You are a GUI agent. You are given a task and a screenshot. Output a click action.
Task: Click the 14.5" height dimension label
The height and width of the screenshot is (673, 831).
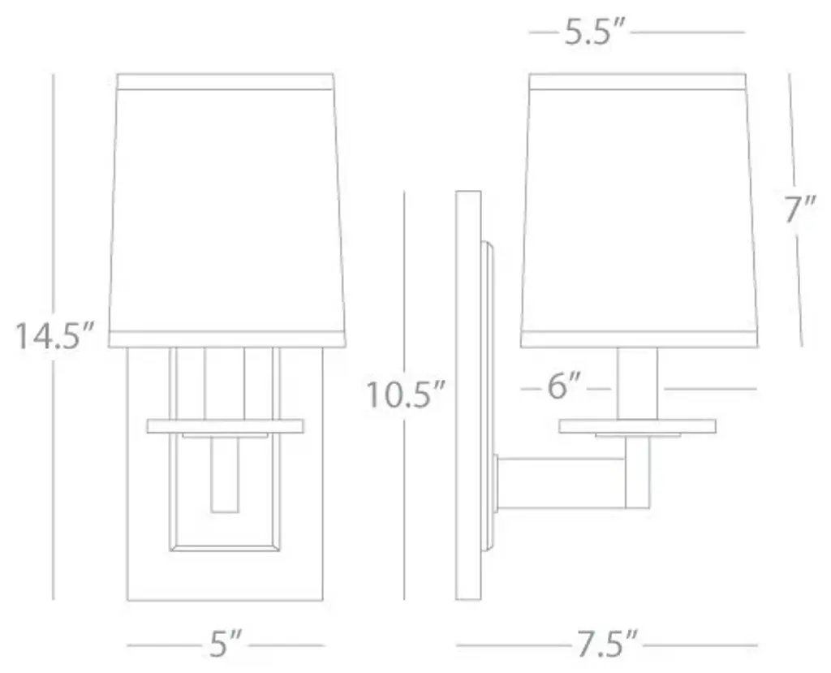[x=54, y=336]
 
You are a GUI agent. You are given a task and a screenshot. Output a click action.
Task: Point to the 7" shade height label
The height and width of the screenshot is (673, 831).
[x=799, y=209]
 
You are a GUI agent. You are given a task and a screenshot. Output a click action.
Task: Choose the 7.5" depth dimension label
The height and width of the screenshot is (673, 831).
[x=604, y=644]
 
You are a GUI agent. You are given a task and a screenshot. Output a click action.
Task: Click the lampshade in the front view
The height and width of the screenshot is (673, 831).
[x=227, y=210]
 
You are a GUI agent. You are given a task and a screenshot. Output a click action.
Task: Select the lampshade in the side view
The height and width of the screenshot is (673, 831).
[x=639, y=210]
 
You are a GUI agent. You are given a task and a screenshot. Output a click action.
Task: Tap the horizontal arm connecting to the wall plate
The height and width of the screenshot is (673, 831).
[x=560, y=482]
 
